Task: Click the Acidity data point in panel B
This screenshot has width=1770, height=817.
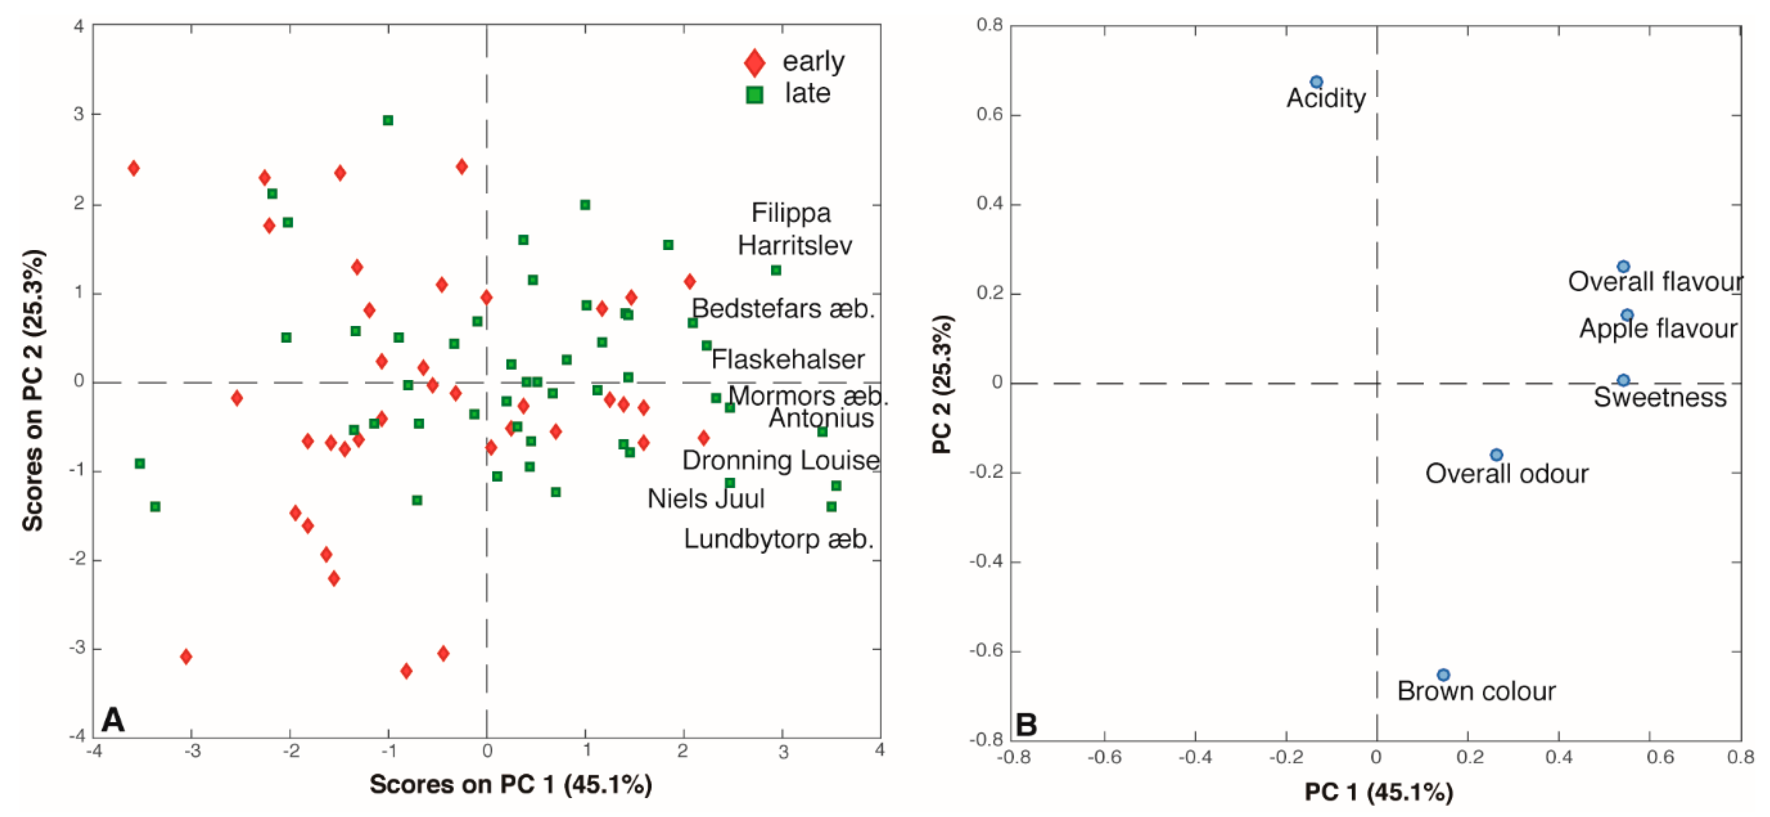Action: (1316, 82)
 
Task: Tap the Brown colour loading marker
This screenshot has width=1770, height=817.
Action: (1443, 675)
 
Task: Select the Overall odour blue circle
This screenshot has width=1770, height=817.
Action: (1496, 455)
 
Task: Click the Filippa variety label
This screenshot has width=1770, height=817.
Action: (790, 213)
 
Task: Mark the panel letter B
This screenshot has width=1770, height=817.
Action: (1025, 724)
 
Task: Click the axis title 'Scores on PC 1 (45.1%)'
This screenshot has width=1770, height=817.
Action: (511, 785)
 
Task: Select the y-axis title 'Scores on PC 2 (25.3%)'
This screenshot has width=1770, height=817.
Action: (33, 390)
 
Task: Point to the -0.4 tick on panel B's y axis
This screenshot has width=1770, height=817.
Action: (985, 561)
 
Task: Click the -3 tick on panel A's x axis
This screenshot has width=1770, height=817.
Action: (192, 751)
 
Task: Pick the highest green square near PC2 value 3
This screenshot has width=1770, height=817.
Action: (388, 120)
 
